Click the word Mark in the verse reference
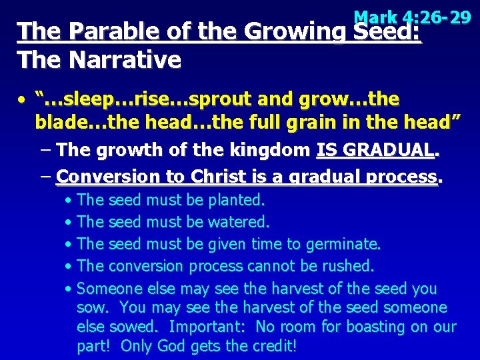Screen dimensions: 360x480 [377, 16]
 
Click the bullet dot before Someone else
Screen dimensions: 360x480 [69, 289]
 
